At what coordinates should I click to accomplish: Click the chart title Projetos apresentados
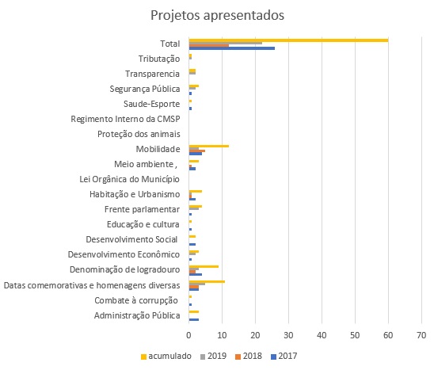pos(217,15)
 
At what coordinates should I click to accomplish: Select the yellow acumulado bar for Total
pos(289,40)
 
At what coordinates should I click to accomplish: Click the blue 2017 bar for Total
pos(232,48)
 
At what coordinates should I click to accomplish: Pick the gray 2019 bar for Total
pos(226,43)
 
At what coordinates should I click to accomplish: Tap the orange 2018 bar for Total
pos(209,45)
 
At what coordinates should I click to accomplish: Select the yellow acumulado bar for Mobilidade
pos(209,146)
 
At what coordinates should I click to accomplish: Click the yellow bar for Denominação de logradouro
pos(204,266)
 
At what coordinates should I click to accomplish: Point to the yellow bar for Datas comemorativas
pos(207,281)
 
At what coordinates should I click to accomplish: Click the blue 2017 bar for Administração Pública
pos(194,319)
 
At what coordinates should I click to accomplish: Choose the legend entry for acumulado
pos(166,357)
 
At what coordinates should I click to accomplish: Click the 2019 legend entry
pos(213,357)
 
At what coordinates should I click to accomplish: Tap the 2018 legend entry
pos(249,357)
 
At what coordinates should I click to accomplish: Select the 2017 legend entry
pos(284,357)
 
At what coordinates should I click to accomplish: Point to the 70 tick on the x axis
pos(421,335)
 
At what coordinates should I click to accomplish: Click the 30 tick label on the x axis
pos(288,335)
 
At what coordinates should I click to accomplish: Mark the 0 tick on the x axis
pos(188,335)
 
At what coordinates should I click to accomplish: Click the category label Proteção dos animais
pos(139,134)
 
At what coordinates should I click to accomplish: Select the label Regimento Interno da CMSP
pos(125,119)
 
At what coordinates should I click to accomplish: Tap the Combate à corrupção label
pos(136,300)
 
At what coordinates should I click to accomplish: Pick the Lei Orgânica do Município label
pos(130,179)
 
